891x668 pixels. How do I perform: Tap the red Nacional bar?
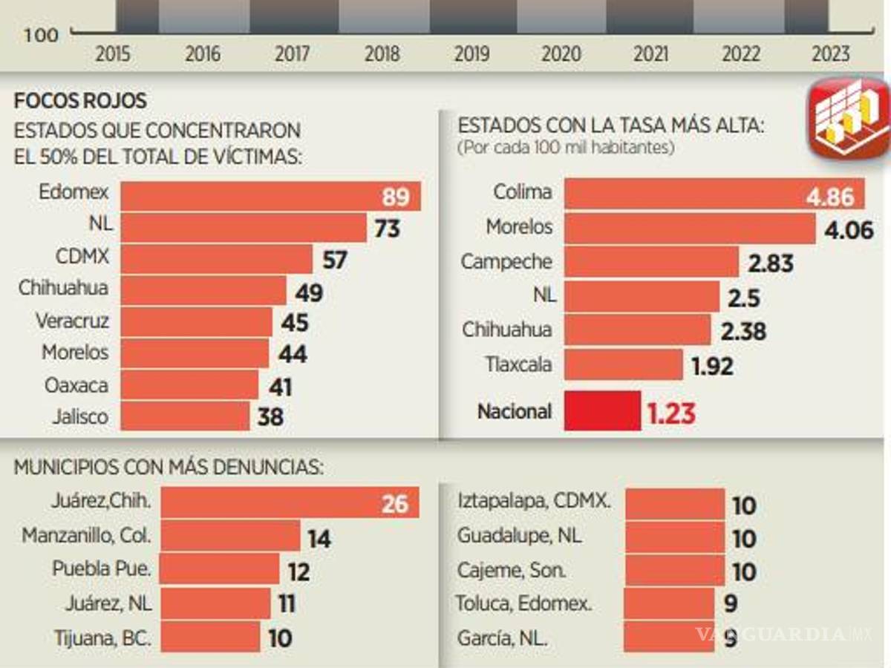(601, 411)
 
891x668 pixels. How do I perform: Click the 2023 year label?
(831, 54)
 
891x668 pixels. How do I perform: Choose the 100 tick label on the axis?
(41, 35)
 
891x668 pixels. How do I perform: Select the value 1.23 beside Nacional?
(671, 413)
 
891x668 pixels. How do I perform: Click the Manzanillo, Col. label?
(86, 535)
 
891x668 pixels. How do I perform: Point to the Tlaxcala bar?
(623, 365)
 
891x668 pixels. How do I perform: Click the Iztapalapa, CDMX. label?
(534, 501)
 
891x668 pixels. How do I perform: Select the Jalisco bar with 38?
(185, 416)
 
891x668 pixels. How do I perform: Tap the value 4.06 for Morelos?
(849, 231)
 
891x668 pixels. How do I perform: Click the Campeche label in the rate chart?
(506, 262)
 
